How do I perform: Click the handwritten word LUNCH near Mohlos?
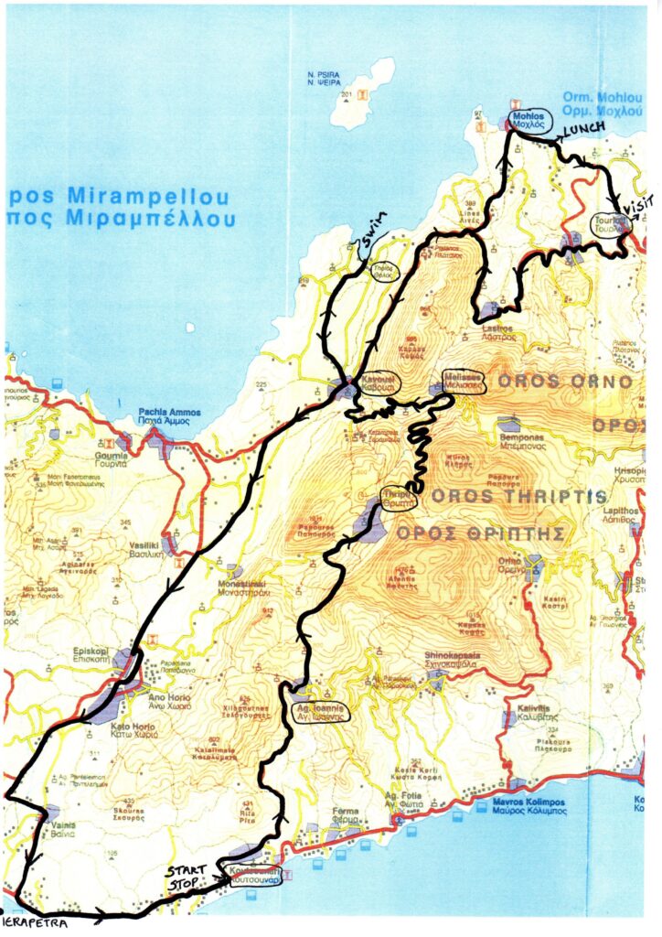(x=583, y=130)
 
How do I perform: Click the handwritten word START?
(x=184, y=870)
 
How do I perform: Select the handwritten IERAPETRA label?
(x=34, y=923)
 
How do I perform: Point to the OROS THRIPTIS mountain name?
(x=518, y=496)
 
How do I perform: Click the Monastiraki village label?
(x=242, y=588)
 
